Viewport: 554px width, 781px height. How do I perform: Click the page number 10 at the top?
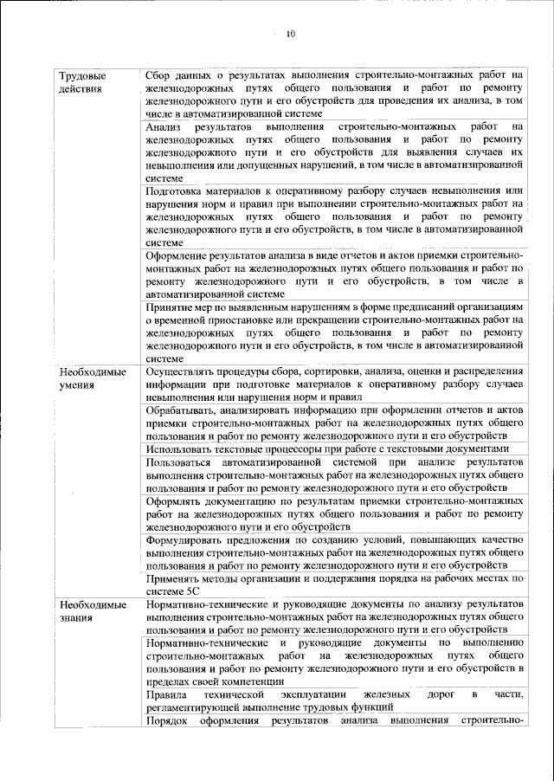[x=290, y=35]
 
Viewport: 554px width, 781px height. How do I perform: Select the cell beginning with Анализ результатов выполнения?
[x=335, y=152]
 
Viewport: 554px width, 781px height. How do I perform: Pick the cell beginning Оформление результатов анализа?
[x=335, y=274]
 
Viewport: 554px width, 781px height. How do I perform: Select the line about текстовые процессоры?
[x=335, y=449]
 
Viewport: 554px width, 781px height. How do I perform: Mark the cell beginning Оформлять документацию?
[x=335, y=513]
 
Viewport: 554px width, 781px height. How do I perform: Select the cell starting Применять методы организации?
[x=335, y=583]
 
